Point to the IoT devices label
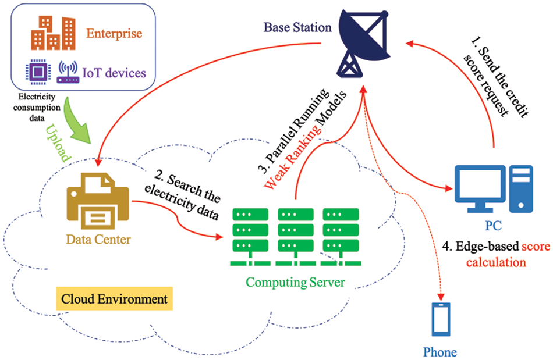(114, 73)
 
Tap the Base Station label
(297, 27)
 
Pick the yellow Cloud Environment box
(114, 300)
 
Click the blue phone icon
(440, 320)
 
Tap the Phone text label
(440, 352)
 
